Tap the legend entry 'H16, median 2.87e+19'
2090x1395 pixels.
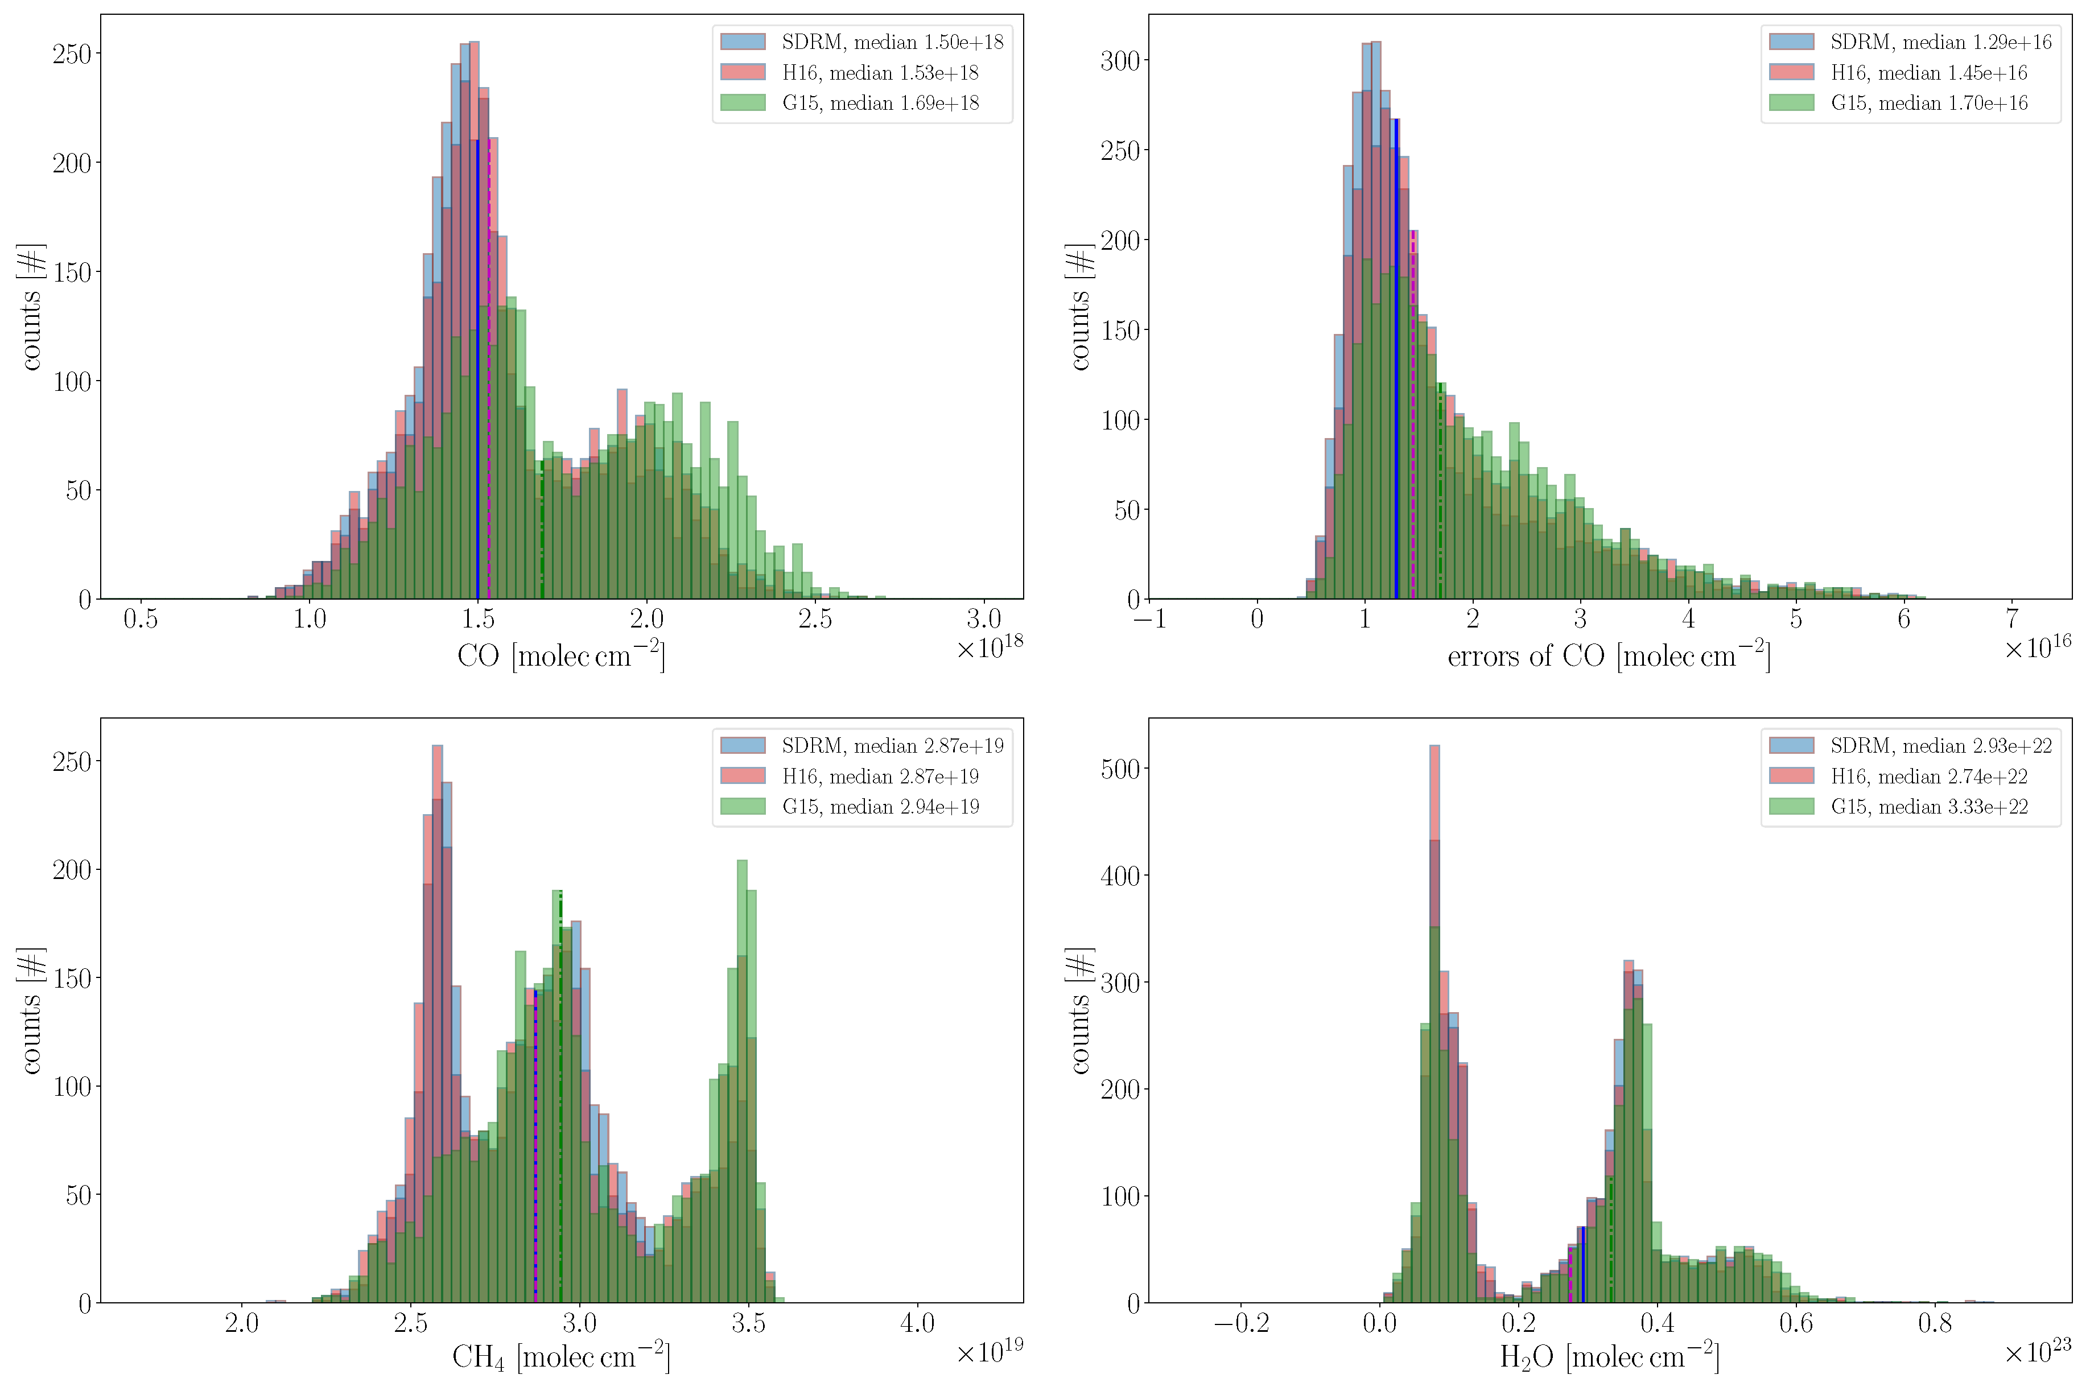[879, 776]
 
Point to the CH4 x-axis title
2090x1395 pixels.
[560, 1357]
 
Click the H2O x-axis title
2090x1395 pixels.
[1609, 1357]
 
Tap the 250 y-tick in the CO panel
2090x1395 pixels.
[71, 54]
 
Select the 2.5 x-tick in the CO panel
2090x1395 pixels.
[814, 619]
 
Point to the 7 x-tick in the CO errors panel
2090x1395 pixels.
[2011, 619]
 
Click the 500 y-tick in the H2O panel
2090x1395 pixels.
[1119, 769]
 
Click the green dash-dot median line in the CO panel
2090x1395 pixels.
[541, 534]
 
